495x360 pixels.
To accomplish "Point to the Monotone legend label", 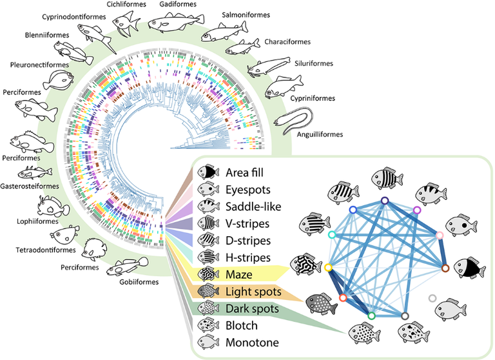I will click(253, 343).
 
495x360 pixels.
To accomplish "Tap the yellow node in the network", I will click(328, 266).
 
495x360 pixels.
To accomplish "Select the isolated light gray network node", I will click(432, 298).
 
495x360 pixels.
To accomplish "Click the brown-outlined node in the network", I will click(444, 266).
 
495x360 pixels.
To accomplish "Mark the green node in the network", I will click(371, 316).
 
